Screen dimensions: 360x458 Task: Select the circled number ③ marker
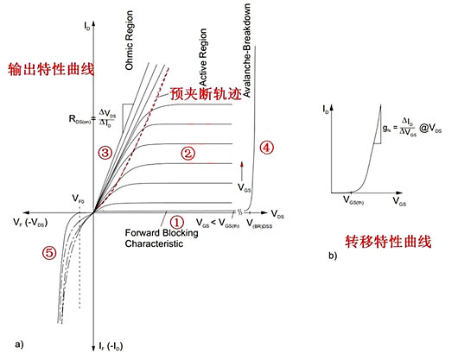(x=104, y=153)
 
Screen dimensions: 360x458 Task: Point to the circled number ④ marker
(x=266, y=147)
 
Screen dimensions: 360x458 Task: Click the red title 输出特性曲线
(x=39, y=68)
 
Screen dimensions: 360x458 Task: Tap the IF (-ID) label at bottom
(x=115, y=345)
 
